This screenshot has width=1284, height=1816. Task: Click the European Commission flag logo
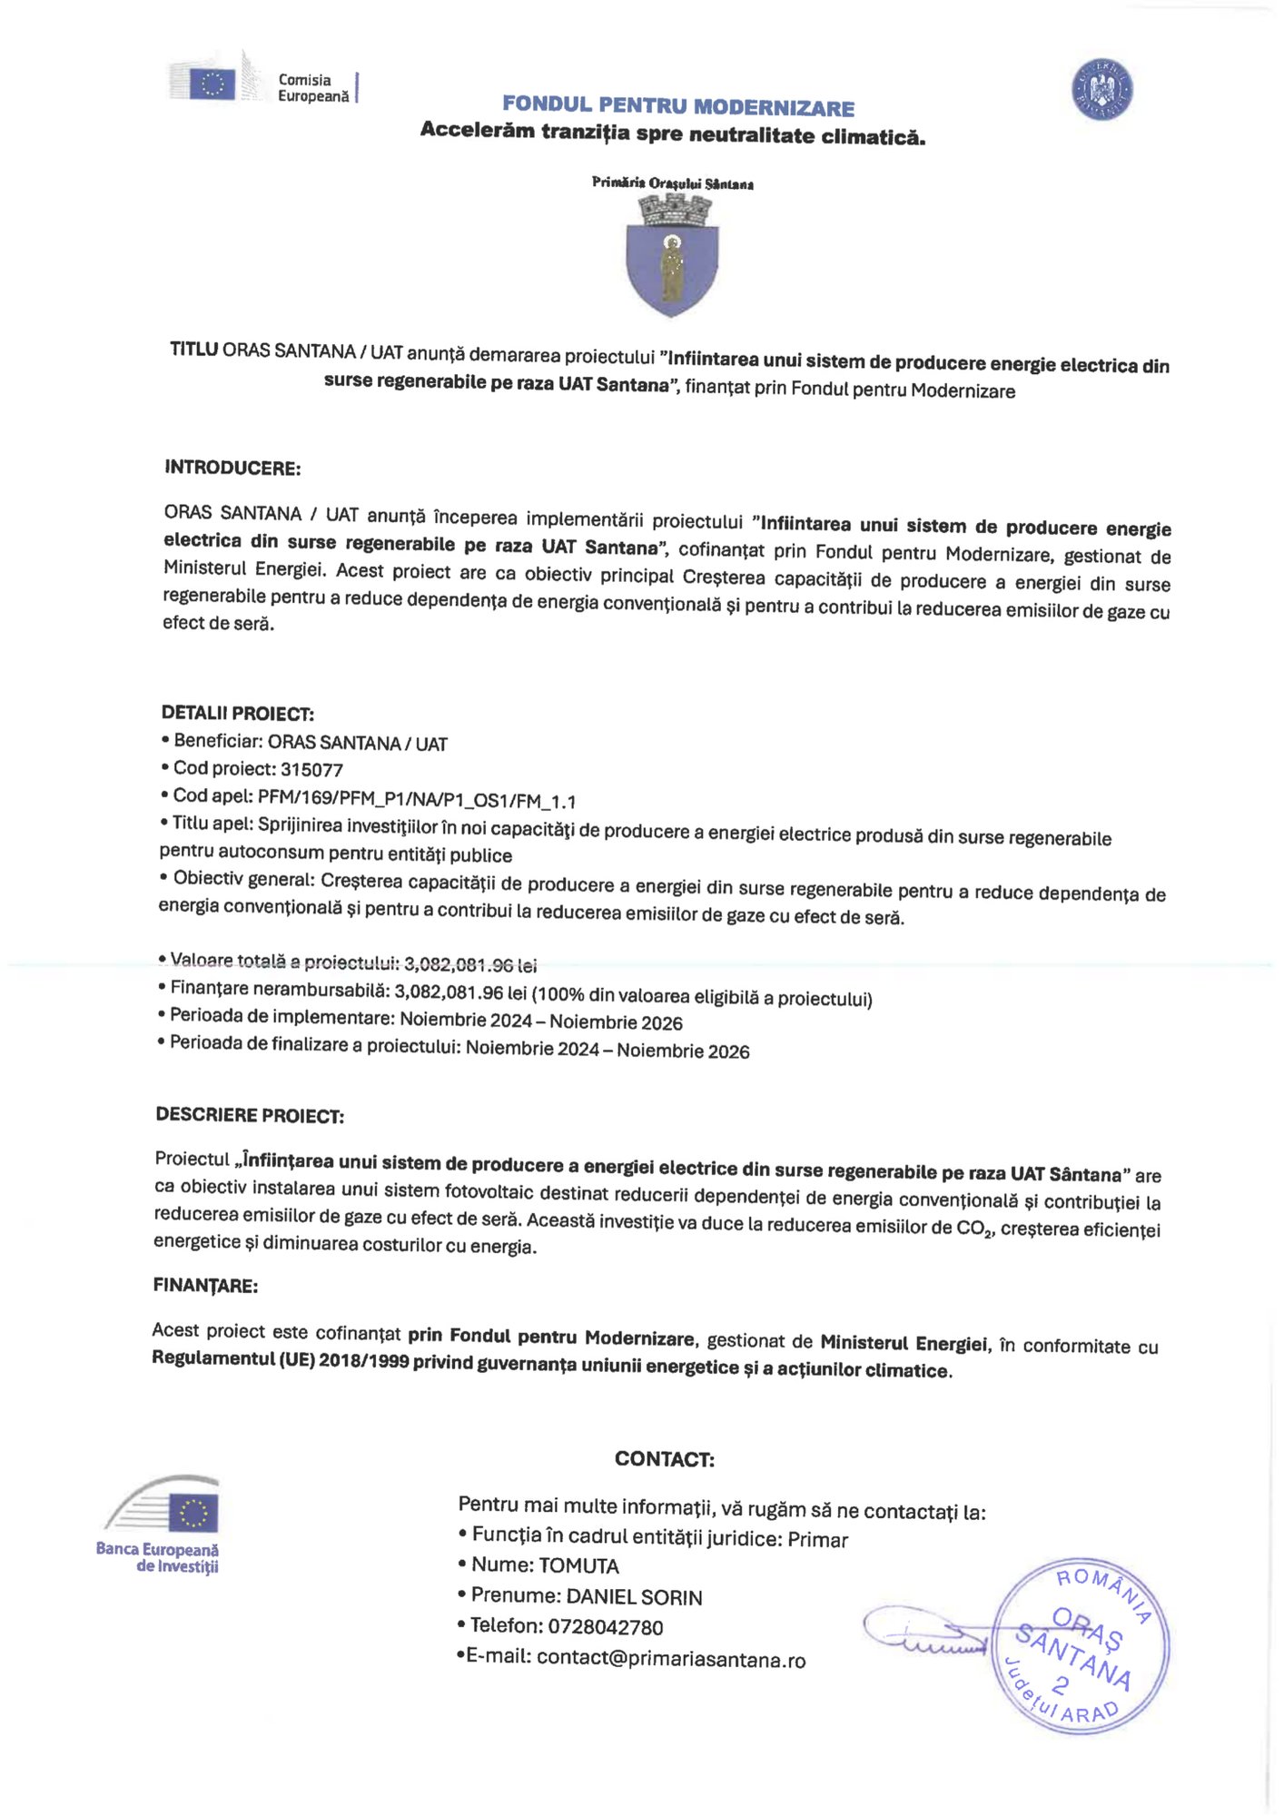point(212,84)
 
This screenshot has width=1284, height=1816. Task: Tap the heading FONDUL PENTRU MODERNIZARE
point(677,106)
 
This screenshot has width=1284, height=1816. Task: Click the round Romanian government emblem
point(1101,89)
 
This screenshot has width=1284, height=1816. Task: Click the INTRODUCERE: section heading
point(232,469)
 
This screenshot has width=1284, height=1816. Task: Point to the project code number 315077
point(311,770)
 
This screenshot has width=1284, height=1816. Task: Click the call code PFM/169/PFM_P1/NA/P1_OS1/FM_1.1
point(417,800)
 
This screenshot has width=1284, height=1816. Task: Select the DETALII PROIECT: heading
point(238,713)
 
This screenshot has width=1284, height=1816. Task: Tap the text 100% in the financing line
point(562,996)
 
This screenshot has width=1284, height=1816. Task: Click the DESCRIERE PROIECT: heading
point(250,1115)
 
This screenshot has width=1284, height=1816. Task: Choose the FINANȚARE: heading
point(205,1285)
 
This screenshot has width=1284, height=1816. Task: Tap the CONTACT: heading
point(664,1459)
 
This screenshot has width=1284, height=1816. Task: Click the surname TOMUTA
point(578,1565)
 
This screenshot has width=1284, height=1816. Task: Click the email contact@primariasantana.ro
point(670,1659)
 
